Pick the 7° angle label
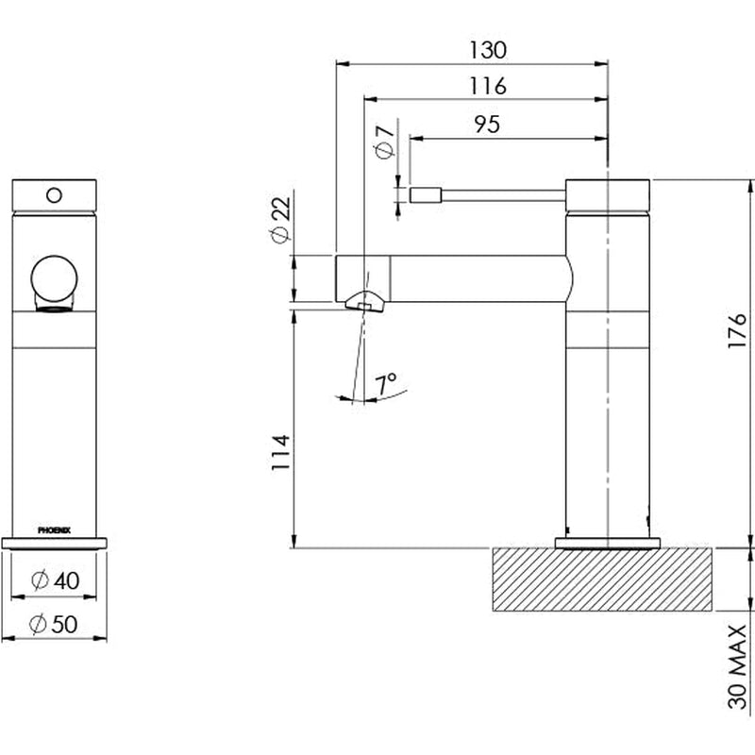pos(384,383)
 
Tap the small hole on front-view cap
pos(54,195)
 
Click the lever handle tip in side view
pos(424,194)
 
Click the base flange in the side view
pos(609,542)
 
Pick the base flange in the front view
pos(55,543)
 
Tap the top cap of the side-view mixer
pos(608,193)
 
